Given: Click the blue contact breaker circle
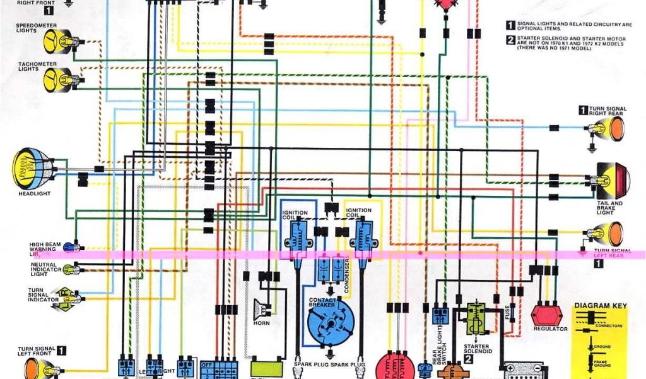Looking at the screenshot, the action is click(x=331, y=322).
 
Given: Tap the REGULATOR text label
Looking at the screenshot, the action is click(x=550, y=328).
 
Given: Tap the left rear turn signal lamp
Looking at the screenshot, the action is click(x=606, y=234).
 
